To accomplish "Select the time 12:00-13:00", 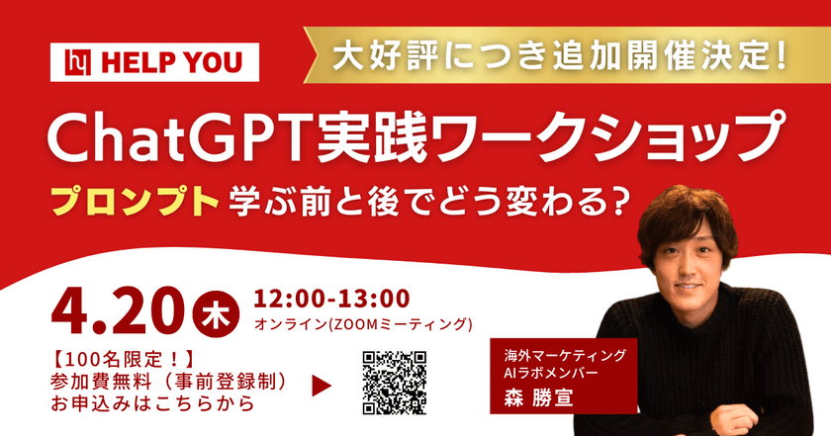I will point(332,298).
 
